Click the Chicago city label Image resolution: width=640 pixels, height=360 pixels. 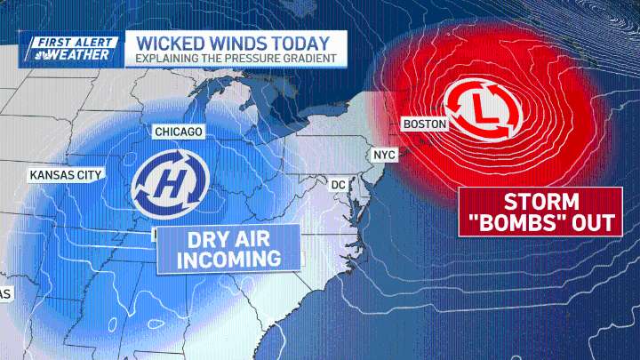click(179, 132)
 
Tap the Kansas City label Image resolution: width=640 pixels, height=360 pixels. click(66, 175)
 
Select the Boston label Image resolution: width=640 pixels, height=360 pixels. click(424, 124)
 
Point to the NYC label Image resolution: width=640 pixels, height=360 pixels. click(384, 155)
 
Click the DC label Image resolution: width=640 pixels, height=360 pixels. click(338, 184)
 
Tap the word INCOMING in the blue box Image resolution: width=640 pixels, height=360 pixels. click(228, 259)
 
